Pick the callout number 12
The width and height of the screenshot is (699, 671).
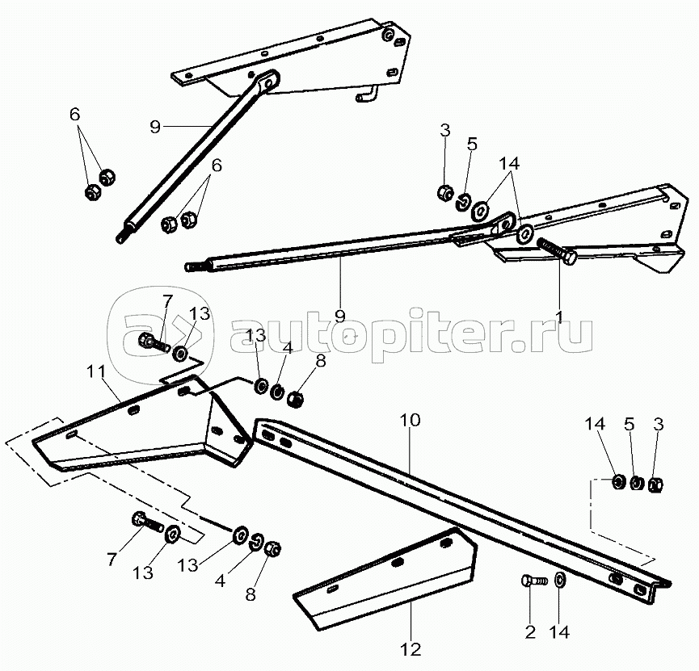click(411, 648)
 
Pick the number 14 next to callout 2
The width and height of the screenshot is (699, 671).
click(559, 632)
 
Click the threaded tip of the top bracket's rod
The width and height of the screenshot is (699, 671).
click(123, 236)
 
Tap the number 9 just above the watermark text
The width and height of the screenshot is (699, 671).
click(340, 315)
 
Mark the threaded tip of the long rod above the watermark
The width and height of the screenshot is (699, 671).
click(194, 266)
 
